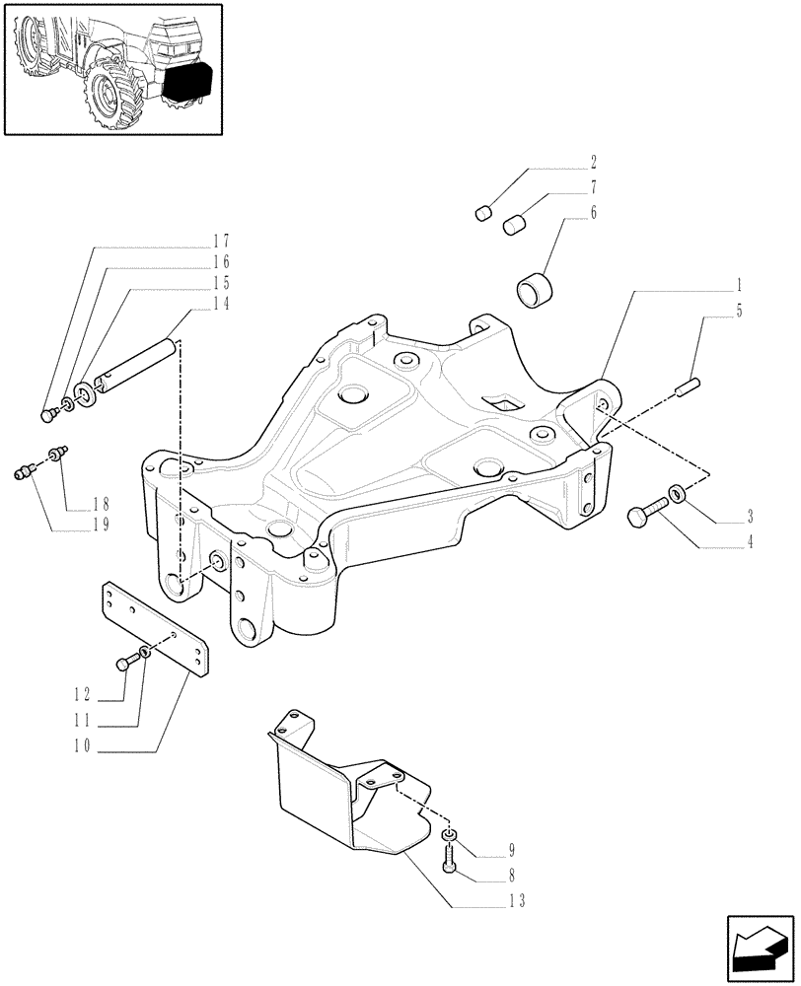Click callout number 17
click(220, 241)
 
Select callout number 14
click(220, 305)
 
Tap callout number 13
click(518, 901)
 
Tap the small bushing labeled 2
click(483, 212)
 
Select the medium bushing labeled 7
click(515, 226)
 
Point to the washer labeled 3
click(680, 492)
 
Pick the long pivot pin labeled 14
click(138, 365)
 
